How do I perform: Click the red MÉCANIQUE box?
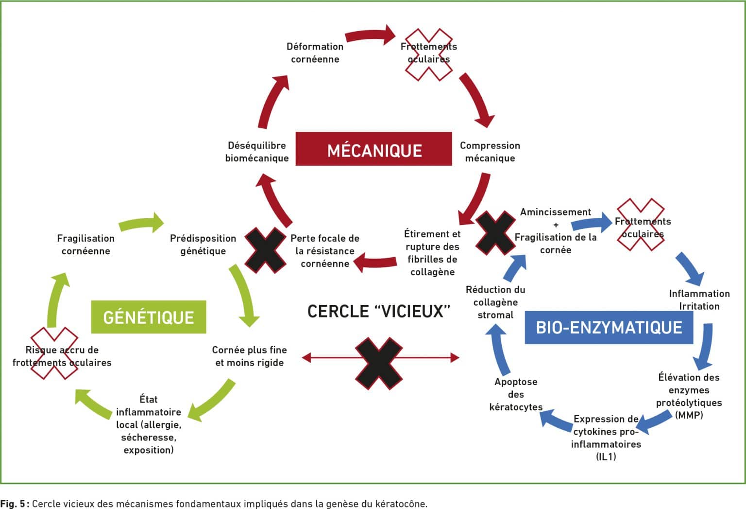[373, 149]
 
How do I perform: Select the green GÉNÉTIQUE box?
[149, 316]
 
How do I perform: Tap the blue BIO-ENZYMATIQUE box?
[609, 327]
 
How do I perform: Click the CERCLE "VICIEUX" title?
[379, 311]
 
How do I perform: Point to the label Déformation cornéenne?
[315, 53]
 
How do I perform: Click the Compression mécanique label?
[490, 152]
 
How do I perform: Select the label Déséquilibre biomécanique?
[257, 152]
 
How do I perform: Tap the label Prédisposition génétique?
[203, 245]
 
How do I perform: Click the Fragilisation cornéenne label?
[86, 245]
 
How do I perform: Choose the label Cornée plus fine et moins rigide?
[250, 356]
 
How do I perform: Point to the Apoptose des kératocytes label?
[516, 394]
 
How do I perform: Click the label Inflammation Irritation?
[699, 299]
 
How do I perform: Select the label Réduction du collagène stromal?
[495, 302]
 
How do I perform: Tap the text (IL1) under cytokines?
[606, 456]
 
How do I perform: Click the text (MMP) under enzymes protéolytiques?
[689, 415]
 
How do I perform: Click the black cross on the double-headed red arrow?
[379, 363]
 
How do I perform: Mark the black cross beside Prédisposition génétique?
[265, 250]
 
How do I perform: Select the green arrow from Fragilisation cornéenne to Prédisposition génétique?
[141, 223]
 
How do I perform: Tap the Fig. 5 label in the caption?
[15, 503]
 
